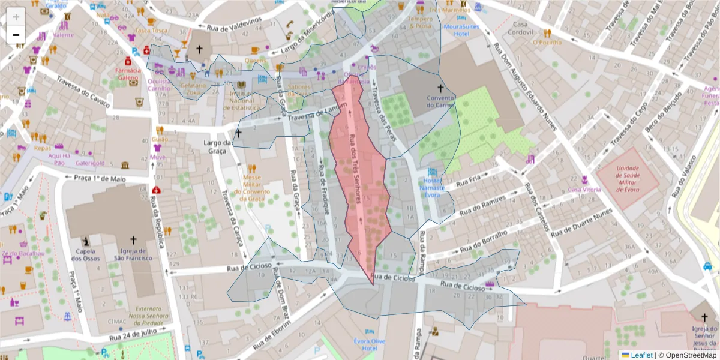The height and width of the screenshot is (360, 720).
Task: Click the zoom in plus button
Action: point(16,16)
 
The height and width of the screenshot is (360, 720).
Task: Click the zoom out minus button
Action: point(16,35)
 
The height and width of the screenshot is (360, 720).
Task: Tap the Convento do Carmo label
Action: point(441,101)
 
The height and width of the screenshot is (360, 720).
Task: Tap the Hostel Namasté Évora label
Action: point(432,188)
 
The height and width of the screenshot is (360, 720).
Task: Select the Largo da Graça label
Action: point(218,147)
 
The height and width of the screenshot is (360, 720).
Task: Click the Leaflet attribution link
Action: point(641,355)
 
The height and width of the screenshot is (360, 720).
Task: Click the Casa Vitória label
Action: point(584,190)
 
